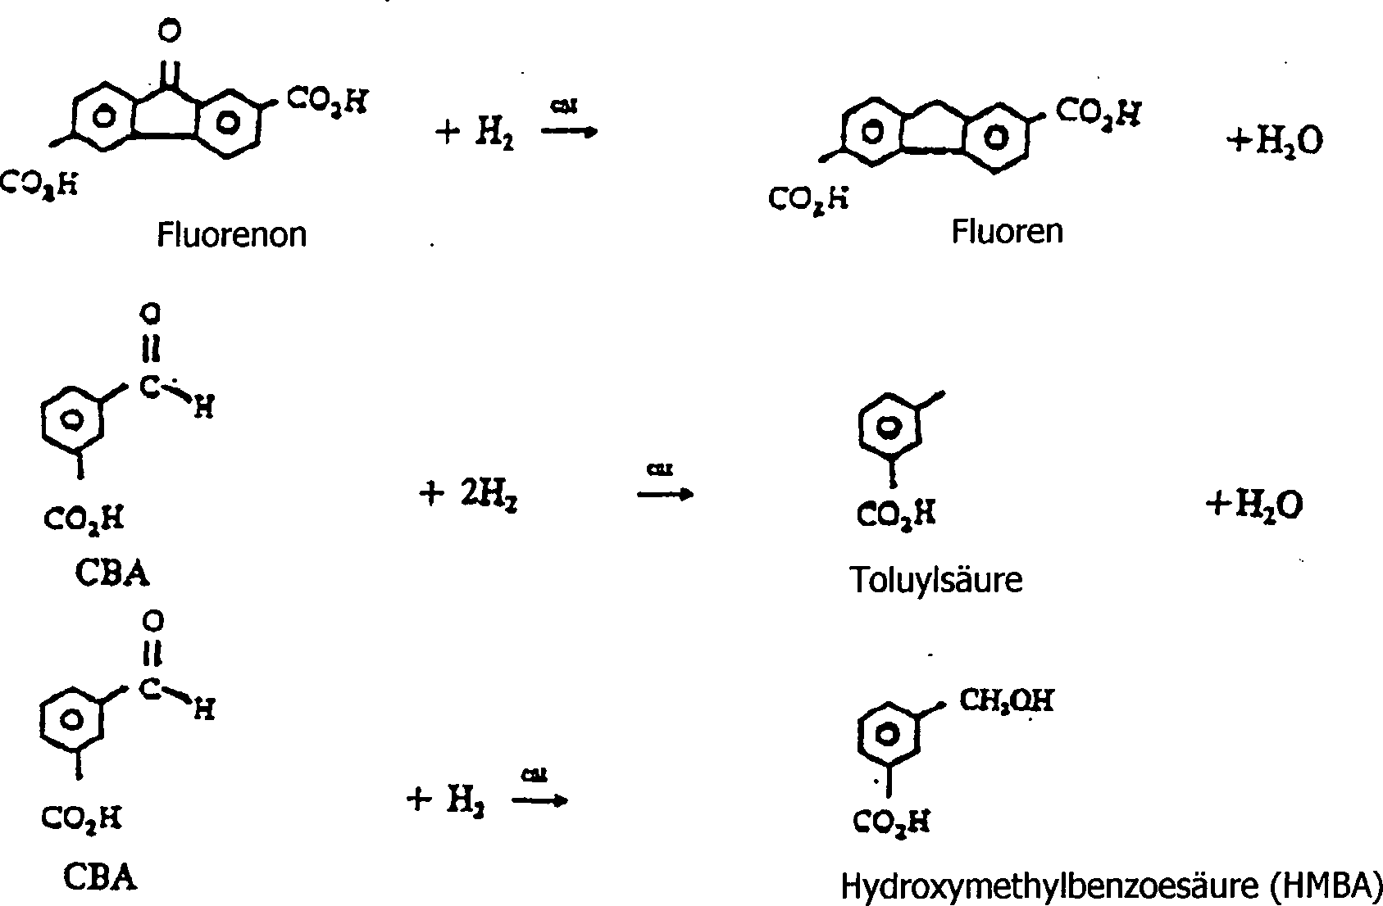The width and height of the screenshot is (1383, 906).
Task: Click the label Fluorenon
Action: (232, 235)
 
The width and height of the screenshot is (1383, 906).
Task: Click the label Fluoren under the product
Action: (1007, 232)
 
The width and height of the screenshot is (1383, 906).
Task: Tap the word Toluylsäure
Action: (936, 580)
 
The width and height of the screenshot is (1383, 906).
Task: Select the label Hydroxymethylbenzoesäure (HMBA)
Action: (1112, 886)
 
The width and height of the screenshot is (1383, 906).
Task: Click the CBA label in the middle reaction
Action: (112, 573)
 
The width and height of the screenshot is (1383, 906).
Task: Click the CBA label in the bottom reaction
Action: (101, 878)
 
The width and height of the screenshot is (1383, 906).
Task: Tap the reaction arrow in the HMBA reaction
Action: (539, 800)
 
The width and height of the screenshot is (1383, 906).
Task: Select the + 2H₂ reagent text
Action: (469, 494)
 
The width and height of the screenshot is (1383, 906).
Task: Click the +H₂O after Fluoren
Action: (1274, 142)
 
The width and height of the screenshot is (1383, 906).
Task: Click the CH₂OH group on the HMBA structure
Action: (1006, 701)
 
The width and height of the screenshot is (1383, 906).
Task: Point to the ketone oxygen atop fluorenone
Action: (169, 32)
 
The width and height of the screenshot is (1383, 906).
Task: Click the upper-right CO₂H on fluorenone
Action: (327, 102)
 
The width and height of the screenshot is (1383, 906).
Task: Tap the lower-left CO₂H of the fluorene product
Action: (808, 198)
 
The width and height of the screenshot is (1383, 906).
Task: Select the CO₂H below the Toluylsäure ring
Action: (896, 515)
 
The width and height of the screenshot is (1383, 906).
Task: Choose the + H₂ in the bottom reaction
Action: (445, 800)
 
